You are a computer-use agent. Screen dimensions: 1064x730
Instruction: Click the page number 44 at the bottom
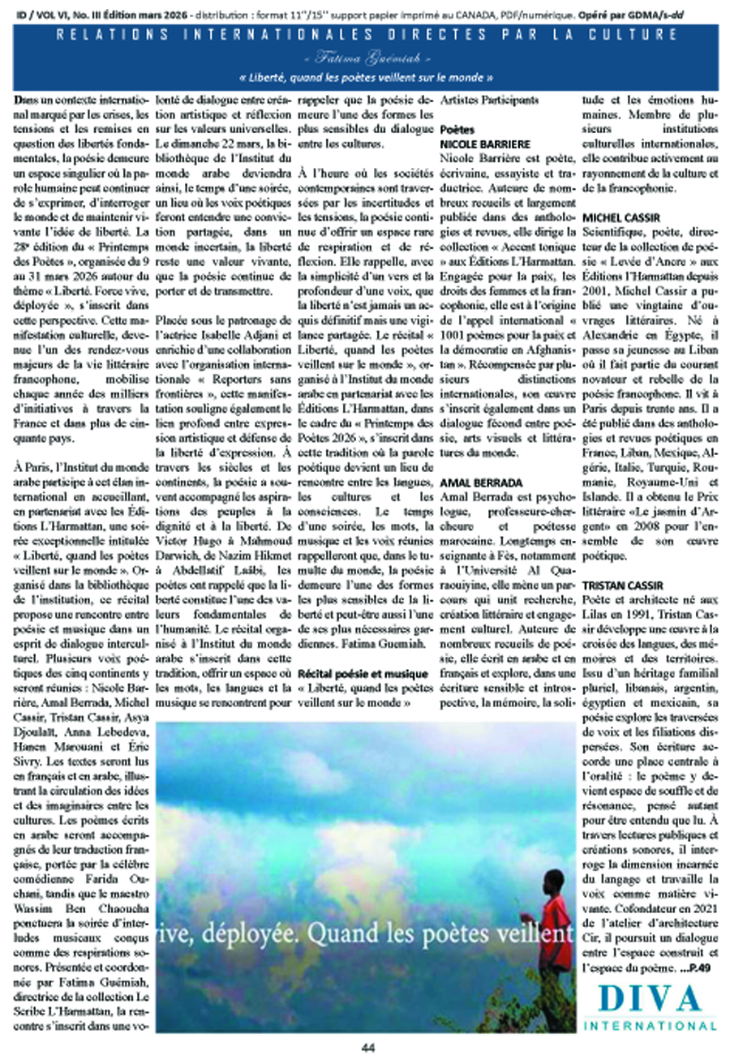pyautogui.click(x=366, y=1046)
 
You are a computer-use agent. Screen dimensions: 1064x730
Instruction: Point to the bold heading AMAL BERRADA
pyautogui.click(x=473, y=483)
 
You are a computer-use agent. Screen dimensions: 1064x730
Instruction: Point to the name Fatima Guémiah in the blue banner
pyautogui.click(x=365, y=61)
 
